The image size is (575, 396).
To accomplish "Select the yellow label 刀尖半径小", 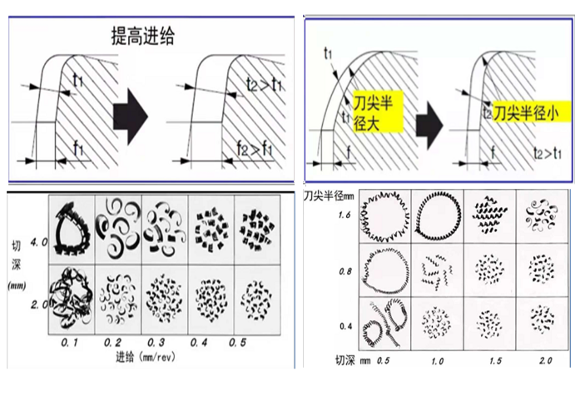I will pos(524,110).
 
